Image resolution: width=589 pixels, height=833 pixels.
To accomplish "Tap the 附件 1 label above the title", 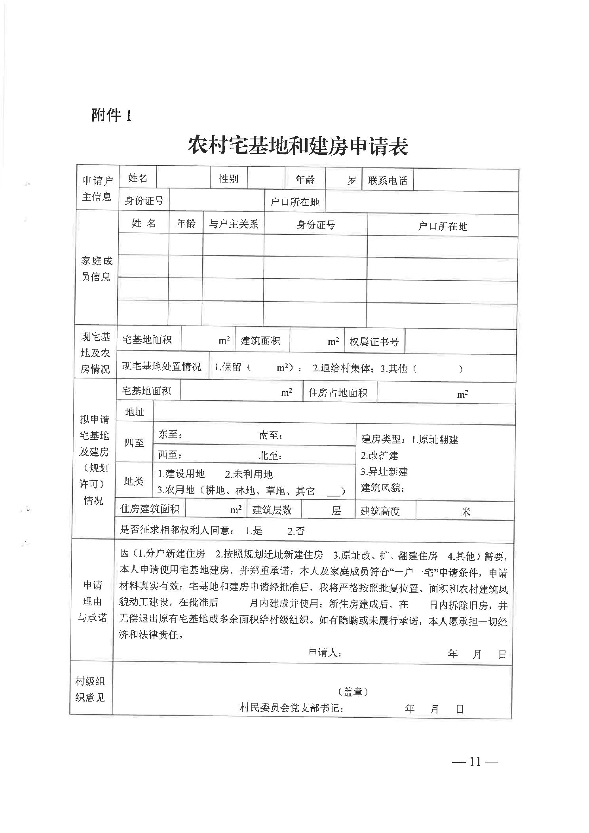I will (111, 115).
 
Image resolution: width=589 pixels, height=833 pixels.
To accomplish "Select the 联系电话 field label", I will (388, 181).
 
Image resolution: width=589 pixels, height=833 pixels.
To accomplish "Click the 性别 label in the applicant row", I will (229, 179).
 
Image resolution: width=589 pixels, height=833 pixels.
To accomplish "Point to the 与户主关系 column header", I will (234, 224).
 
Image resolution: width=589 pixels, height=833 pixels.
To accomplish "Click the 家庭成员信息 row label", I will (97, 269).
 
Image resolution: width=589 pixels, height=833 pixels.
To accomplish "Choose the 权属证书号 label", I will (374, 341).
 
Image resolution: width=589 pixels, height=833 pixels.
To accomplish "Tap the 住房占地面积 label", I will (338, 392).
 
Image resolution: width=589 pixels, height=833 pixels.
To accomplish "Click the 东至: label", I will (170, 434).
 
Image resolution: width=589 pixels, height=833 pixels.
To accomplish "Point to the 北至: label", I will (270, 455).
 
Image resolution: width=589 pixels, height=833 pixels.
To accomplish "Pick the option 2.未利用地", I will (249, 474).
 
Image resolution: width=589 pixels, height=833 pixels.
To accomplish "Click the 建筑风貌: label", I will (382, 488).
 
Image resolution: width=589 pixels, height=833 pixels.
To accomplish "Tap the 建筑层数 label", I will (272, 510).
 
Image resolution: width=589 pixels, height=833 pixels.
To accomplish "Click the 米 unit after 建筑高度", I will (465, 512).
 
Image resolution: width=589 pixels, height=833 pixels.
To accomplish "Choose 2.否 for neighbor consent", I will (296, 531).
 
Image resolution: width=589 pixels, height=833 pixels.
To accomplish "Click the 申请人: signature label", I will (325, 653).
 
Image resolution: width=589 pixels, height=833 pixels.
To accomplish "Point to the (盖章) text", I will (353, 691).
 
